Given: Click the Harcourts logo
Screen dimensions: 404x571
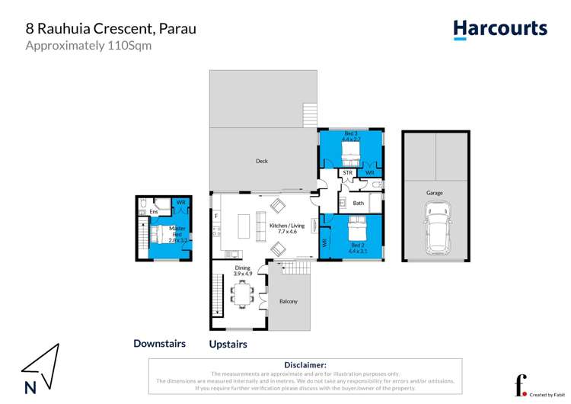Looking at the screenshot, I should tap(500, 29).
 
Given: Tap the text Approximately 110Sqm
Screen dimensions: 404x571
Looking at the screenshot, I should tap(78, 45).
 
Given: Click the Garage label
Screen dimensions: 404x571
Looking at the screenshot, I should tap(435, 193).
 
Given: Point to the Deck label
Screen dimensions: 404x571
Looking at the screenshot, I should tap(261, 161).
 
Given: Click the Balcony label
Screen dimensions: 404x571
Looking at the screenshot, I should tap(288, 301).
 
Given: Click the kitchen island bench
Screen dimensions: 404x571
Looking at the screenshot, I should tap(245, 226).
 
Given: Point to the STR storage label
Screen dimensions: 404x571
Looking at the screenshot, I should tap(348, 173).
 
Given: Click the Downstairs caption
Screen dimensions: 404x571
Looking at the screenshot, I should tap(159, 344).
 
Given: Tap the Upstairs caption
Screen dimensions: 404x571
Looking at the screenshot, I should tap(228, 345).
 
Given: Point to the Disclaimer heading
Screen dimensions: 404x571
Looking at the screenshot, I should tap(305, 366).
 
